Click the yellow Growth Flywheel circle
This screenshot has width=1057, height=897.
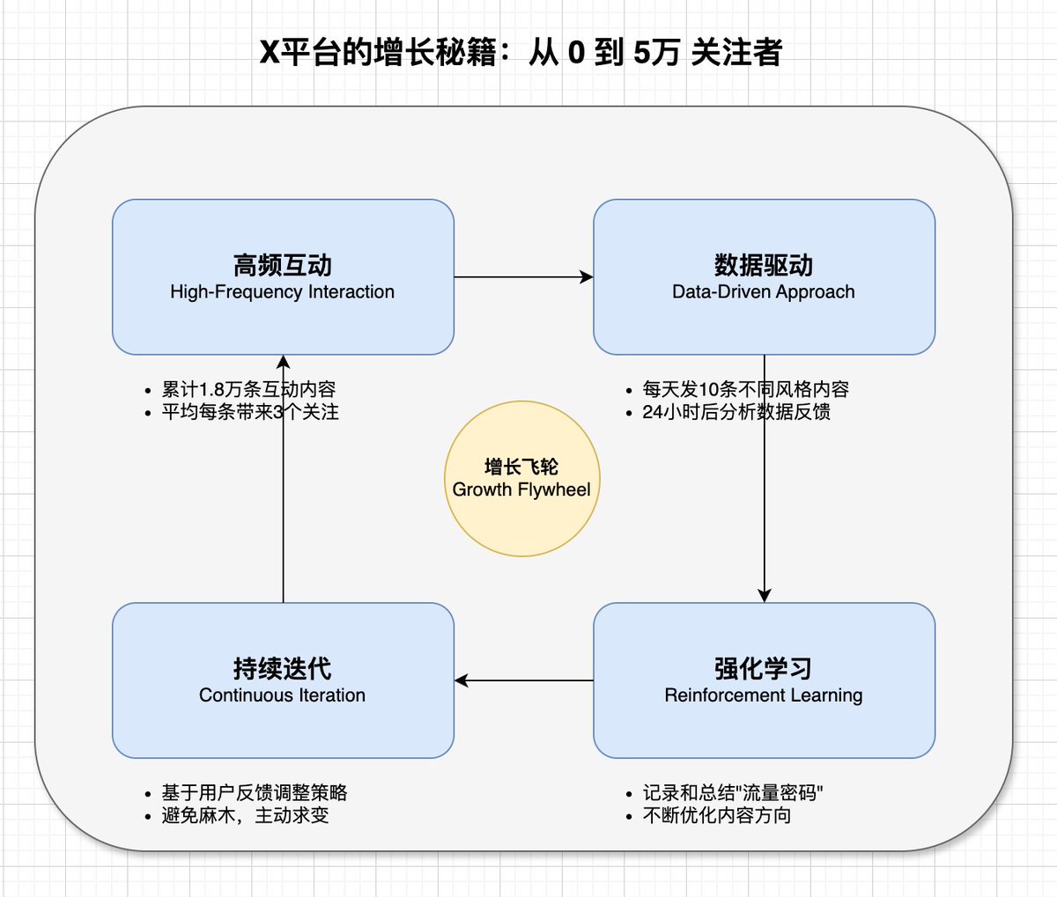(521, 479)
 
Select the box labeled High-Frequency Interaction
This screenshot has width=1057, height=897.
(283, 277)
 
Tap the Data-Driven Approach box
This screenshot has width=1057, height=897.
(764, 277)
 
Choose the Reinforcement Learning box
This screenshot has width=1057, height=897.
(764, 680)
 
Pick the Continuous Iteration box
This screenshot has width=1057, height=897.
(283, 680)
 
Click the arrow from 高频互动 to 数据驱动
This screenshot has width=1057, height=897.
(523, 277)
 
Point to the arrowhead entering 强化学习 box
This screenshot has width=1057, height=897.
(764, 595)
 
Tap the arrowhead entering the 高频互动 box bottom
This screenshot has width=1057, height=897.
(283, 362)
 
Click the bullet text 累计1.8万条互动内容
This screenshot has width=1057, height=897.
(248, 389)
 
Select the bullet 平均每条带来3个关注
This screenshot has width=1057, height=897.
(250, 411)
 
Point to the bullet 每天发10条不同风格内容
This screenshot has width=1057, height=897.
(745, 389)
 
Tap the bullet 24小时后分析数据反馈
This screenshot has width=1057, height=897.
(735, 411)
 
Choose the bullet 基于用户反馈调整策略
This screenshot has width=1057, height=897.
(255, 792)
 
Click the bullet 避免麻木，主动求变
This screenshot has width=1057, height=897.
(245, 815)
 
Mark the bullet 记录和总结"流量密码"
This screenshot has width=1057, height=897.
(733, 792)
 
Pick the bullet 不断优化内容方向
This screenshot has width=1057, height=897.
(717, 815)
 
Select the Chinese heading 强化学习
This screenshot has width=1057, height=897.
(764, 668)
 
